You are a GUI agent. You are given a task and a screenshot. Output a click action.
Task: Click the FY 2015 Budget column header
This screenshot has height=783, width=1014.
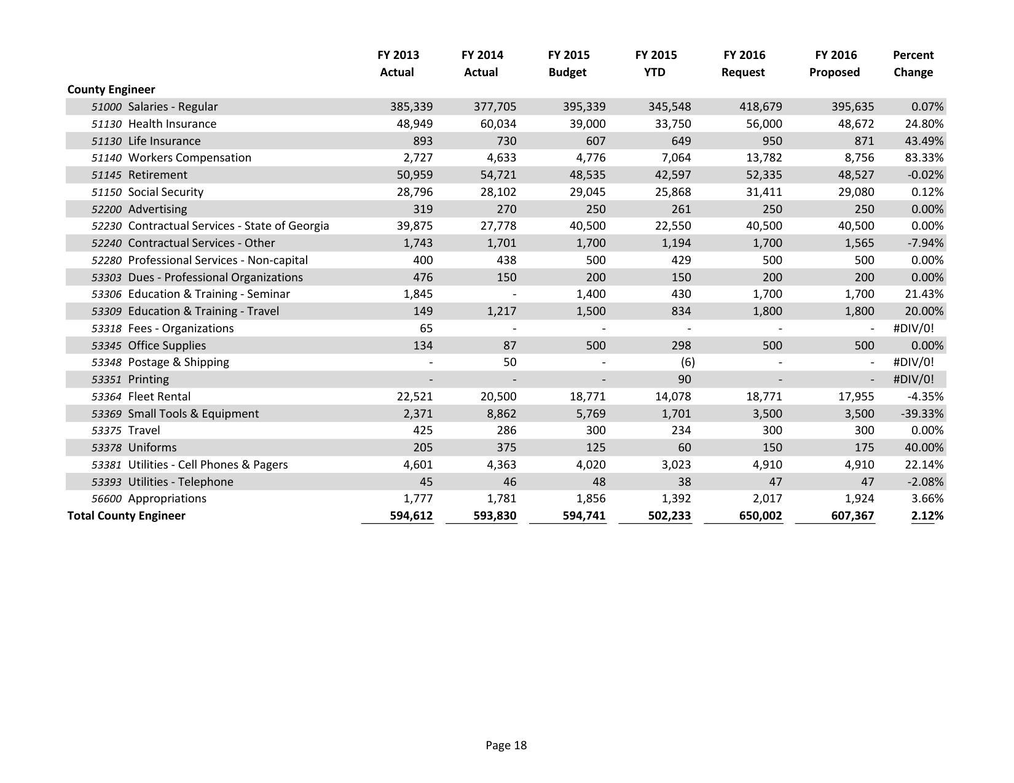pyautogui.click(x=568, y=63)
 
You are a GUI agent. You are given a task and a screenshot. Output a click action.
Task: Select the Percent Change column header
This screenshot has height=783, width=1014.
pyautogui.click(x=913, y=63)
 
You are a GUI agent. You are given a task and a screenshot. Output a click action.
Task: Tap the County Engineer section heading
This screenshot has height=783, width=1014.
pyautogui.click(x=111, y=90)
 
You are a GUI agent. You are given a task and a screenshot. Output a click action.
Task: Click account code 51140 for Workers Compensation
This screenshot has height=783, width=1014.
pyautogui.click(x=106, y=158)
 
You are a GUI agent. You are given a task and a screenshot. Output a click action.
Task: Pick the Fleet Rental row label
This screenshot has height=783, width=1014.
pyautogui.click(x=159, y=397)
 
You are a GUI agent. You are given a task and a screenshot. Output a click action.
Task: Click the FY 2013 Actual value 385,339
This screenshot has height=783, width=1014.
pyautogui.click(x=411, y=107)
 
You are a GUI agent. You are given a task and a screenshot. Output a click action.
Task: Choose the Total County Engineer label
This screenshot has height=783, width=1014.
pyautogui.click(x=126, y=516)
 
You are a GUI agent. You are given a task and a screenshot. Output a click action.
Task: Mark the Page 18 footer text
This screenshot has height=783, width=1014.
pyautogui.click(x=506, y=746)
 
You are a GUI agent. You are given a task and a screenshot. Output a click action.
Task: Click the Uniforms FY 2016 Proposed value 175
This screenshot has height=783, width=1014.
pyautogui.click(x=863, y=448)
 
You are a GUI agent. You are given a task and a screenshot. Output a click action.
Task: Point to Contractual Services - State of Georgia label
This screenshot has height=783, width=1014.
pyautogui.click(x=228, y=226)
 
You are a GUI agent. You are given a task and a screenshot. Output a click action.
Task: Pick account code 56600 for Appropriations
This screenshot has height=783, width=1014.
pyautogui.click(x=106, y=499)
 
